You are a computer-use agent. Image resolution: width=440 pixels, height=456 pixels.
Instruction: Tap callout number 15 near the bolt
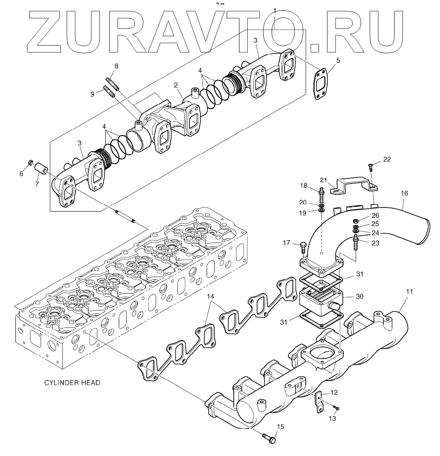pos(280,427)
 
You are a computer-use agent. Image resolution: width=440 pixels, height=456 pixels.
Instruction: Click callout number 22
pos(387,160)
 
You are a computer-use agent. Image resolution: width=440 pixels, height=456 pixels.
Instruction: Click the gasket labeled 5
pos(320,84)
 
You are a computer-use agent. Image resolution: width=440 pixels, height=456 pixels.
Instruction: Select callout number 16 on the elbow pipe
pos(404,192)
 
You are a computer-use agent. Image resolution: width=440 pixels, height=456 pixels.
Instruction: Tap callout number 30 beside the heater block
pos(359,296)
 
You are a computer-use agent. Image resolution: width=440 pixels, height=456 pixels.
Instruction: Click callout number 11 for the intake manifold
pos(409,292)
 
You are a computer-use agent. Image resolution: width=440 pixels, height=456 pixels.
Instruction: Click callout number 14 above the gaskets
pos(210,296)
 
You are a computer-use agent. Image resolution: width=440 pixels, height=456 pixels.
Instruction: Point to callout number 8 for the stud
pos(116,66)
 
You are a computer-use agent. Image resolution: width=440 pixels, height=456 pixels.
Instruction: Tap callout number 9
pos(93,94)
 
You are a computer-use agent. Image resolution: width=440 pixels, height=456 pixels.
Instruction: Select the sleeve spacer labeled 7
pos(41,168)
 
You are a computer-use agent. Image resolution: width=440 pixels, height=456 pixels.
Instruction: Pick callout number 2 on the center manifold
pos(176,85)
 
